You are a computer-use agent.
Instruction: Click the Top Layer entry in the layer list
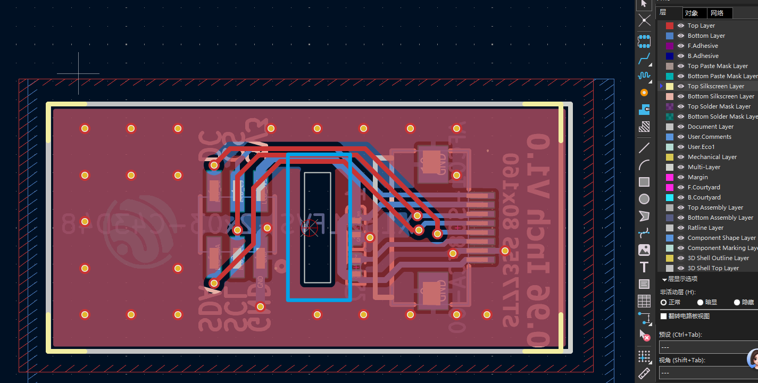tap(701, 26)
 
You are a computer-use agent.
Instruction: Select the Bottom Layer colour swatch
tap(670, 36)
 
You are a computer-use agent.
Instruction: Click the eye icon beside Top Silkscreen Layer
tap(681, 86)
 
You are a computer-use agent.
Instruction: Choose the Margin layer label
tap(697, 177)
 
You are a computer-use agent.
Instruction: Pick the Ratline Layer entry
tap(705, 228)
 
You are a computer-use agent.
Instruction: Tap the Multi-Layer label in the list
tap(704, 167)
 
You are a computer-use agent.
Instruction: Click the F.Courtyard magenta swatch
tap(670, 187)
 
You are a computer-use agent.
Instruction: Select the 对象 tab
tap(692, 13)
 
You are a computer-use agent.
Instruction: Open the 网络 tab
tap(717, 13)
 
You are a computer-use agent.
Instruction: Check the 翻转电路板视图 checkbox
tap(663, 316)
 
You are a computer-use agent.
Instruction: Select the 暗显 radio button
tap(700, 302)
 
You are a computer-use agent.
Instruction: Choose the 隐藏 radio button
tap(737, 302)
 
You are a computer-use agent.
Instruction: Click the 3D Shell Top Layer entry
tap(713, 268)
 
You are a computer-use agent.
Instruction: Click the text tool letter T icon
tap(644, 267)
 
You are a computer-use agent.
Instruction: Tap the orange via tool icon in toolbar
tap(644, 93)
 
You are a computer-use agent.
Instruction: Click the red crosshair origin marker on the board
tap(309, 228)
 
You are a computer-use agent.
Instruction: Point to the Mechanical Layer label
tap(712, 157)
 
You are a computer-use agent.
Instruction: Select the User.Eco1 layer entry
tap(701, 147)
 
